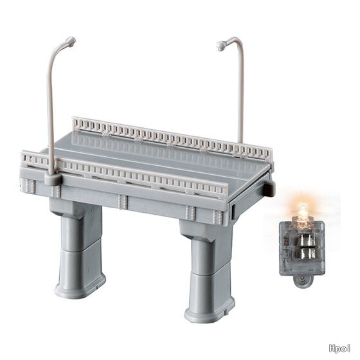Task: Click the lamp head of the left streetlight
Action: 71,42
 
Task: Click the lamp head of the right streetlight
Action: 222,46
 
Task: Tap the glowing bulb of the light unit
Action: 303,212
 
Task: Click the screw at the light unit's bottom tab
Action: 303,279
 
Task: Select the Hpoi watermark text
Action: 339,348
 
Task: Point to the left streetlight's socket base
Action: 53,179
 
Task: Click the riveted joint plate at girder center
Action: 122,202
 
